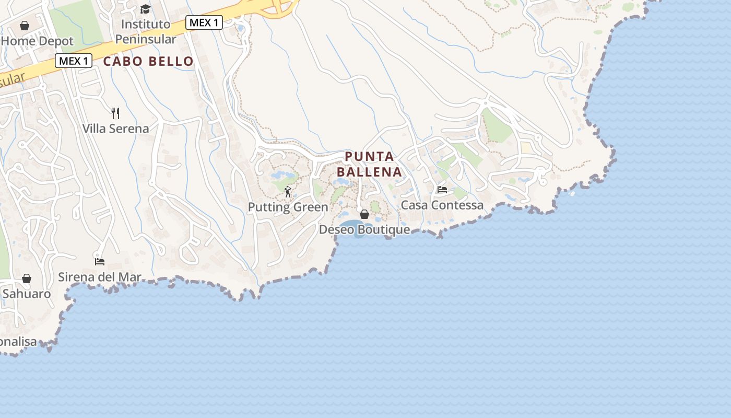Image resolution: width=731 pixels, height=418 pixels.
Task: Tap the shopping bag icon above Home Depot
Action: coord(25,26)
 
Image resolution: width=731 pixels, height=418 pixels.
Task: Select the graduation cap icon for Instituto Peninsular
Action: coord(145,9)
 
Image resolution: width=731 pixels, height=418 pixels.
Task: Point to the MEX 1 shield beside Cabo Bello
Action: coord(74,61)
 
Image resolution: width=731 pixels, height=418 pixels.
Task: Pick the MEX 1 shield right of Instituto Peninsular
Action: coord(204,22)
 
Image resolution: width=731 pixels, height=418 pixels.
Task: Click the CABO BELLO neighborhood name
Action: coord(148,61)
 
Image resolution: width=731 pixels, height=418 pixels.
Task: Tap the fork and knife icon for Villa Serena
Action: coord(116,113)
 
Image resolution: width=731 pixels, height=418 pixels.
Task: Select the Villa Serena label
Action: coord(115,129)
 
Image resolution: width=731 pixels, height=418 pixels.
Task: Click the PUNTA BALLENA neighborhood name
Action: coord(369,164)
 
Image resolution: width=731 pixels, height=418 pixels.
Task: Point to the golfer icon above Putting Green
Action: coord(288,192)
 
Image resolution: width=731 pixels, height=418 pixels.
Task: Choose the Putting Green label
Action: coord(288,207)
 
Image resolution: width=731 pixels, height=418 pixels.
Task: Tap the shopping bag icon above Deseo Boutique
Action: coord(364,214)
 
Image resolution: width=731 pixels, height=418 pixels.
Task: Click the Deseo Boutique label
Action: coord(364,230)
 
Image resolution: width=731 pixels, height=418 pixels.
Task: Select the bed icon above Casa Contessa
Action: coord(442,190)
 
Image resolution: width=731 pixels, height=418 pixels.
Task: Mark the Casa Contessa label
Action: coord(442,205)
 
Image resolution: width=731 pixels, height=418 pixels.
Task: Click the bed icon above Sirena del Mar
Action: coord(100,261)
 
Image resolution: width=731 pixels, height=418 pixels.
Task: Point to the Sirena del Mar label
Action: coord(99,277)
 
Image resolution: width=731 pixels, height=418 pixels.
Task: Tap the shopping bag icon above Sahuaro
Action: coord(27,278)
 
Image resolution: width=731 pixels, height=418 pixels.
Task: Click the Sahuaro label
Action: coord(27,294)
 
